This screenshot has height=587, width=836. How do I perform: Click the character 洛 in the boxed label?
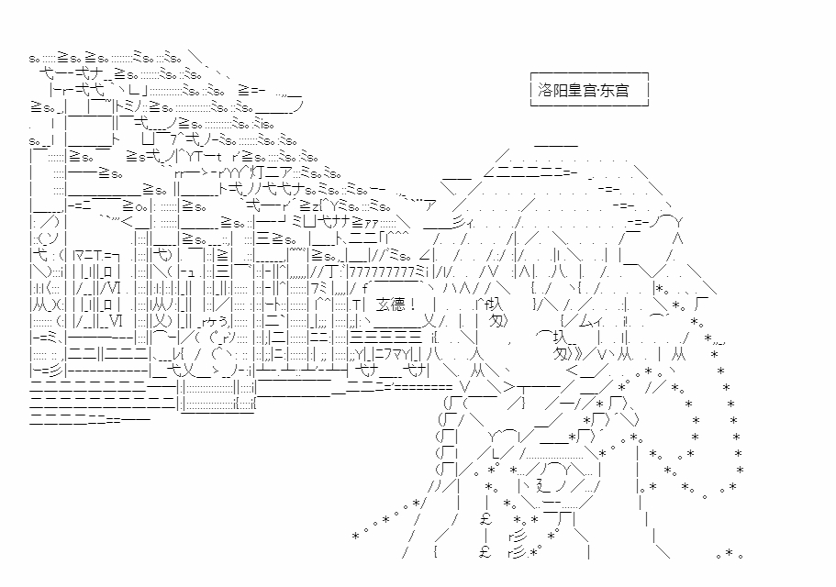(545, 90)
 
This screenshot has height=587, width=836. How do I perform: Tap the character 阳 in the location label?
(560, 90)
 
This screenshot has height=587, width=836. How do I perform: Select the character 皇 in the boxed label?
(575, 90)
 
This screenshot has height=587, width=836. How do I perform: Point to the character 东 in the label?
(607, 90)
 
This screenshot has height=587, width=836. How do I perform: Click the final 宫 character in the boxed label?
(621, 90)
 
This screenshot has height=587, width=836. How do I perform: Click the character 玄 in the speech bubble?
(383, 305)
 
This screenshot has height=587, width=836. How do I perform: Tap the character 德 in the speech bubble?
(398, 305)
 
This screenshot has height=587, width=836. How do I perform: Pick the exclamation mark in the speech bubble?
(413, 305)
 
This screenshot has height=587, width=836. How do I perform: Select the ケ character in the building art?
(212, 322)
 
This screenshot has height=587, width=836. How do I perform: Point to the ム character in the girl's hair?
(585, 321)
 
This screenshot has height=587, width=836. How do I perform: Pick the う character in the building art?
(223, 322)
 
